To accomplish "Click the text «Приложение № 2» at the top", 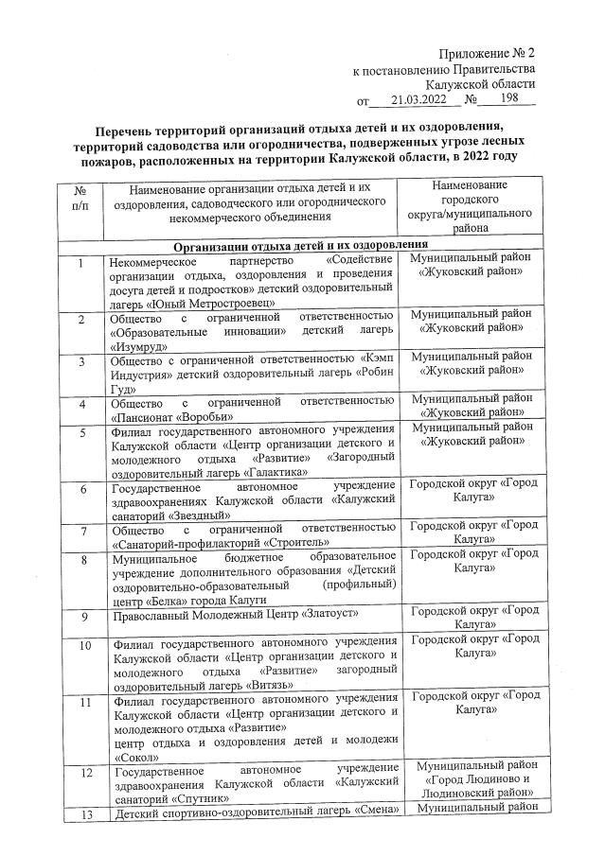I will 487,52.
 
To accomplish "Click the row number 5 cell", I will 83,434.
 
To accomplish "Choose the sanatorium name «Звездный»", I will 199,515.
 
